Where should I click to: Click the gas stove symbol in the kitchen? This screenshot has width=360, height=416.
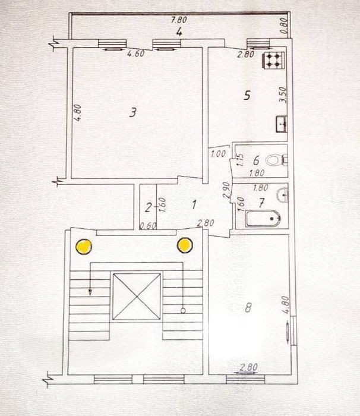point(274,60)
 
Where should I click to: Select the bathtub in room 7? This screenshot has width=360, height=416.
point(263,219)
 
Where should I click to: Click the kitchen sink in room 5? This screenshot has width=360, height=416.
point(281,124)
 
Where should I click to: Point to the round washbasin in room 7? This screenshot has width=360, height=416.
point(283,196)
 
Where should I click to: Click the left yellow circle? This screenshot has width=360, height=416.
point(84,247)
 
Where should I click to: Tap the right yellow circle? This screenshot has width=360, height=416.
point(185,245)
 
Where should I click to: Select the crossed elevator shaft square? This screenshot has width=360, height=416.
point(137,297)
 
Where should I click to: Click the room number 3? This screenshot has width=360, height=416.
point(132,112)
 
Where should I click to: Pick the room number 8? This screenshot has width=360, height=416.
point(248,308)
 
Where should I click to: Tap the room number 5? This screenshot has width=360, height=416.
point(247,95)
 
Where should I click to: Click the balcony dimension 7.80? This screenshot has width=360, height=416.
point(179,20)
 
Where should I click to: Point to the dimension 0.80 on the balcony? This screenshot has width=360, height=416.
point(284,26)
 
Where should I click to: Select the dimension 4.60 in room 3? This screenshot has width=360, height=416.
point(136,54)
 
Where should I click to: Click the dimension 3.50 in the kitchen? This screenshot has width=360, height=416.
point(283,94)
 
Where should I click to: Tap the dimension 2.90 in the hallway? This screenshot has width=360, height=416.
point(226,190)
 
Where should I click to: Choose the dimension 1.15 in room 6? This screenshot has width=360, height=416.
point(240,160)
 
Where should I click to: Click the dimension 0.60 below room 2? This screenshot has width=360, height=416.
point(148,226)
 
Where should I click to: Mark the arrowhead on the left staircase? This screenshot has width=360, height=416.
point(90,292)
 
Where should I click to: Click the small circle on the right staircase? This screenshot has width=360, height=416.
point(183,310)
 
